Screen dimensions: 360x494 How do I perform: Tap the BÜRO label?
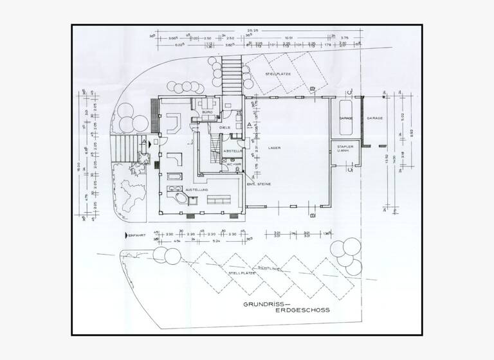pos(207,113)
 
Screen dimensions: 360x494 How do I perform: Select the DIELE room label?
pos(225,127)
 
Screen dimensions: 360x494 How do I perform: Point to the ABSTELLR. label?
pos(232,151)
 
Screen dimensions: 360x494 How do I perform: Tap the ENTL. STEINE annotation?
pos(259,184)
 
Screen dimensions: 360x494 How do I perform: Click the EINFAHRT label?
pos(137,235)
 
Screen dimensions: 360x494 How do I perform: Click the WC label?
pos(228,165)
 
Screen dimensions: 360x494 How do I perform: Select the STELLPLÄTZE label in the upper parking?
pos(279,75)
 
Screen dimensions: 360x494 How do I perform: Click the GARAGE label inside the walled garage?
pos(345,119)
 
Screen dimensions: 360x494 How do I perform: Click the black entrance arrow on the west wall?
pos(151,145)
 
